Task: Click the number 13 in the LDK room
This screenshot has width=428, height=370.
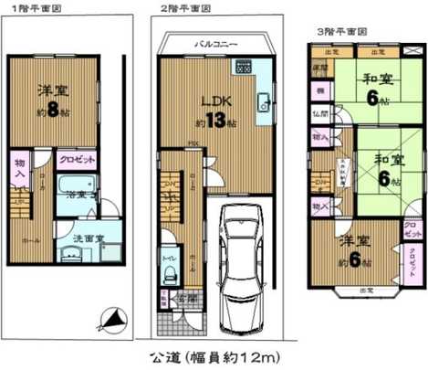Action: [214, 121]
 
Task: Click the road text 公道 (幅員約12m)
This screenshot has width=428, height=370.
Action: [214, 354]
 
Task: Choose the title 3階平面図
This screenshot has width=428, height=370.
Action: [339, 31]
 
